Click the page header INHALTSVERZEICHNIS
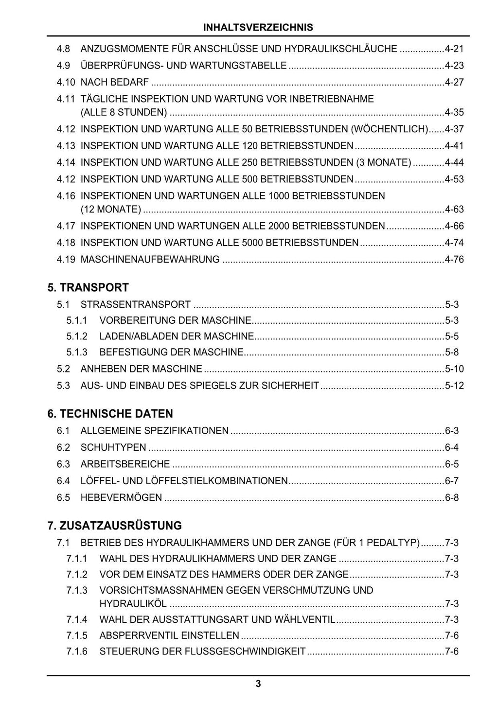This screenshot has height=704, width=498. tap(258, 27)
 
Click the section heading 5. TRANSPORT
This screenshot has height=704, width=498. tap(88, 287)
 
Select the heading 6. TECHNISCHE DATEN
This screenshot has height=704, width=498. tap(110, 414)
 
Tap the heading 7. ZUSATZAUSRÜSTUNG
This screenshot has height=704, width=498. tap(114, 526)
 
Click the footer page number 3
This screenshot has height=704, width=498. tap(258, 684)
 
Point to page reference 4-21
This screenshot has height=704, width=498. tap(454, 49)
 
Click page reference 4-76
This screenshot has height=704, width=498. tap(454, 259)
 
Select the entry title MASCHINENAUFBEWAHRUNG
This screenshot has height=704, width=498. tap(150, 259)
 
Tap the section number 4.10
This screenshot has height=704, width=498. tap(66, 82)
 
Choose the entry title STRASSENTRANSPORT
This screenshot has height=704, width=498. tap(135, 305)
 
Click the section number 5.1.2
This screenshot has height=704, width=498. tap(77, 336)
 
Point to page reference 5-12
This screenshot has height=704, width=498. tap(454, 386)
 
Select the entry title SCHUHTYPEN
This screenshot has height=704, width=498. tap(113, 447)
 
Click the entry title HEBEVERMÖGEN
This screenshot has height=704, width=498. tap(121, 497)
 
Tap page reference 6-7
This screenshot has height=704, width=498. tap(452, 481)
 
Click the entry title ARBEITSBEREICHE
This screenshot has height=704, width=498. tap(125, 464)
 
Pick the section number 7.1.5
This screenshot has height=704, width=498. tap(77, 635)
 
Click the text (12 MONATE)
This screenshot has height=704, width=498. tap(110, 210)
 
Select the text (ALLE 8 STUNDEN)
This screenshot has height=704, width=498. tap(124, 113)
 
